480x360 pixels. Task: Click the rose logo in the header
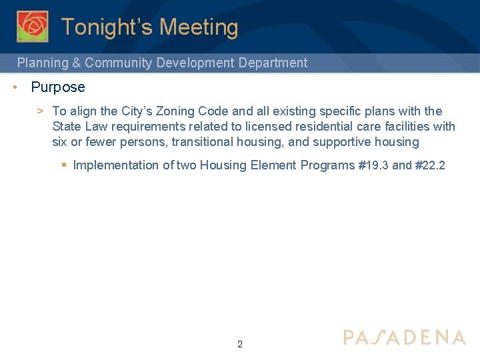tap(33, 26)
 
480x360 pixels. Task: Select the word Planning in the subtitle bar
tap(43, 63)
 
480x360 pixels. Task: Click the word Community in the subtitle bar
tap(119, 63)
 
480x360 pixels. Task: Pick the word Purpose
tap(58, 87)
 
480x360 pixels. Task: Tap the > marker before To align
tap(41, 111)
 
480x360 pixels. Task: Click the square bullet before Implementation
tap(63, 165)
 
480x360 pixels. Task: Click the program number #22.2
tap(430, 165)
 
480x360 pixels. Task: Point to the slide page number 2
tap(240, 345)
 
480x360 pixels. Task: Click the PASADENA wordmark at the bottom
tap(404, 337)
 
